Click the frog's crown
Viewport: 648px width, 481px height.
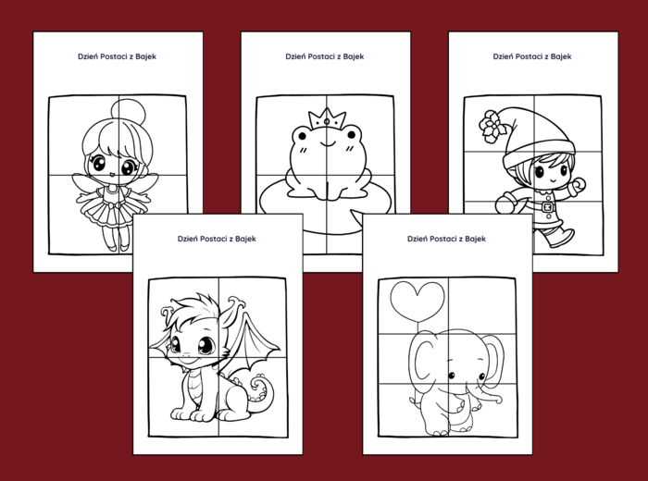coord(327,118)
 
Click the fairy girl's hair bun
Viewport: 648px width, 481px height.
coord(129,112)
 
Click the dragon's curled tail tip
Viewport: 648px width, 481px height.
coord(260,384)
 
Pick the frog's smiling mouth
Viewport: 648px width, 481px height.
coord(327,143)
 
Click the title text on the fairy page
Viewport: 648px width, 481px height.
coord(117,56)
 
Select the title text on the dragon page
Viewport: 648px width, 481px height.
coord(217,239)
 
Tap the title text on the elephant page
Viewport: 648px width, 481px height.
coord(446,239)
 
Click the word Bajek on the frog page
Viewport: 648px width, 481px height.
coord(354,56)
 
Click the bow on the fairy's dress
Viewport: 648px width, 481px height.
coord(117,204)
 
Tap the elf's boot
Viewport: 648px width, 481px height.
coord(558,236)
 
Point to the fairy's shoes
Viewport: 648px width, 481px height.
coord(118,247)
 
